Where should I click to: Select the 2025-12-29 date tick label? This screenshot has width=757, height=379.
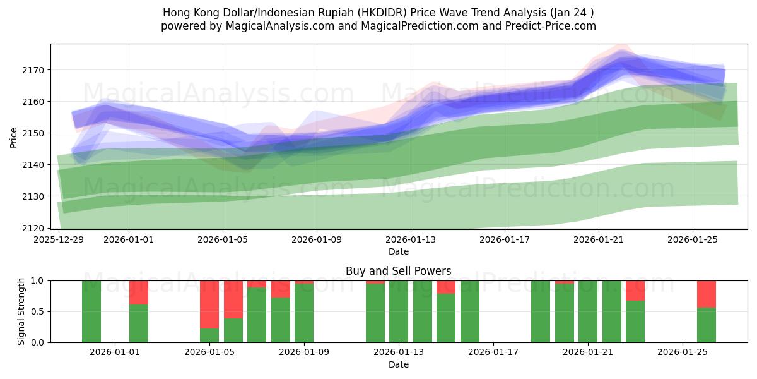click(x=59, y=240)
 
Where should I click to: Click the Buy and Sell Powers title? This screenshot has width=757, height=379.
click(x=398, y=271)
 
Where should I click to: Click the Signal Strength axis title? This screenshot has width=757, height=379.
click(x=21, y=311)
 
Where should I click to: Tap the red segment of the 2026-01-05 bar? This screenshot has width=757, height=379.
click(x=209, y=304)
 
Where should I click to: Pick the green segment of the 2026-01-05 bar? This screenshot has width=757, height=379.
click(x=209, y=335)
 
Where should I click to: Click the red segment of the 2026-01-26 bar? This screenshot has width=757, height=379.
click(x=706, y=294)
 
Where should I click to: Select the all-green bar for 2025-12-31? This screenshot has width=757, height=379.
click(x=91, y=311)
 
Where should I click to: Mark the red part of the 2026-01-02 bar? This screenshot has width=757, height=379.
click(x=139, y=292)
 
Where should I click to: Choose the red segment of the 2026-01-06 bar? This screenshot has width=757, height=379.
click(x=233, y=299)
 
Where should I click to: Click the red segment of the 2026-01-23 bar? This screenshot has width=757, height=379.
click(x=635, y=291)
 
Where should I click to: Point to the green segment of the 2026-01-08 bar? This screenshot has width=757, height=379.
click(x=281, y=320)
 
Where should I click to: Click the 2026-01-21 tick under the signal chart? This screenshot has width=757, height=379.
click(x=588, y=352)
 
